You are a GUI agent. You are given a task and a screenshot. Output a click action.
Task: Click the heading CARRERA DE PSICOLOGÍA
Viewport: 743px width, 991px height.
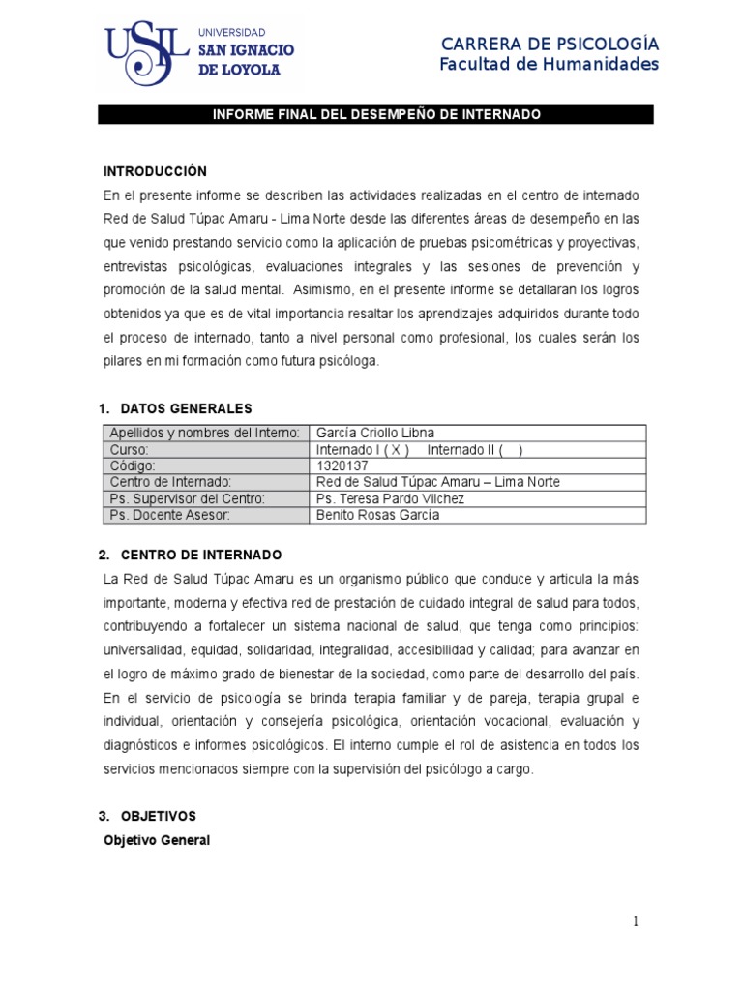[x=550, y=44]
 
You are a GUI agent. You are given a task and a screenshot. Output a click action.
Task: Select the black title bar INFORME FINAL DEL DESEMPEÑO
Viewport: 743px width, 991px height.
[x=376, y=115]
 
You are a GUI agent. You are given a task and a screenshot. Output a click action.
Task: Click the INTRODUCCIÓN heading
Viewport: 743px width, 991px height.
[x=155, y=171]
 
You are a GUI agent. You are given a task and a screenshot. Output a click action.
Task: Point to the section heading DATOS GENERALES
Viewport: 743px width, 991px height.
[x=186, y=408]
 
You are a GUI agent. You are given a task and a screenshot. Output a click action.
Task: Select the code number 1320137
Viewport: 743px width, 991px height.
[x=342, y=465]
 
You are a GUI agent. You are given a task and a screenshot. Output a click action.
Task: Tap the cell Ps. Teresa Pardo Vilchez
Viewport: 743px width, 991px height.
[x=391, y=498]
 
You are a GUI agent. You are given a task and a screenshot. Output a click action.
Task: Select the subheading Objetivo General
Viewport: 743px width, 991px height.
[x=157, y=840]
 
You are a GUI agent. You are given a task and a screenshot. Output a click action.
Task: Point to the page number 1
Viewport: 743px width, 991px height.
[x=635, y=921]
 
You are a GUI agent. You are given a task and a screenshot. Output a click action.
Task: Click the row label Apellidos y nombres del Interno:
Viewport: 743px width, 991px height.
[x=205, y=433]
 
